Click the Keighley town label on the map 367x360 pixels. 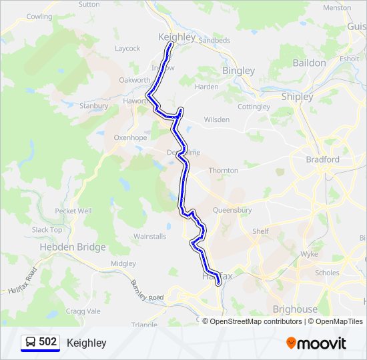pyautogui.click(x=177, y=37)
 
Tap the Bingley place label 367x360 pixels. pyautogui.click(x=238, y=71)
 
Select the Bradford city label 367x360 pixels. pyautogui.click(x=322, y=159)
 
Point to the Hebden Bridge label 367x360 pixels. pyautogui.click(x=73, y=247)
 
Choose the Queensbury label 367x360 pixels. pyautogui.click(x=232, y=210)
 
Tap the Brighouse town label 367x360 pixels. pyautogui.click(x=295, y=309)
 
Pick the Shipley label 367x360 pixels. pyautogui.click(x=297, y=97)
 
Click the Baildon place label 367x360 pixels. pyautogui.click(x=309, y=63)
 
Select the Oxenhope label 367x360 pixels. pyautogui.click(x=130, y=137)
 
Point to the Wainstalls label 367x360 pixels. pyautogui.click(x=149, y=236)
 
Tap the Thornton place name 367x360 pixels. pyautogui.click(x=223, y=171)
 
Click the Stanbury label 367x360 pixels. pyautogui.click(x=93, y=106)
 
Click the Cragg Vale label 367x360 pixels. pyautogui.click(x=84, y=311)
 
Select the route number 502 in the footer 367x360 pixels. pyautogui.click(x=47, y=342)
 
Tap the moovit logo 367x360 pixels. pyautogui.click(x=316, y=343)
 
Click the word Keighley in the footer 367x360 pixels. pyautogui.click(x=86, y=343)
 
